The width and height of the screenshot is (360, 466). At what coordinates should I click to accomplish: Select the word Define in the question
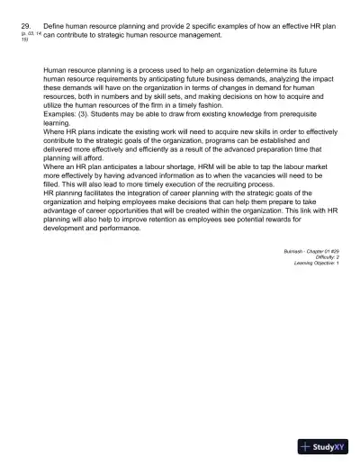(55, 27)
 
